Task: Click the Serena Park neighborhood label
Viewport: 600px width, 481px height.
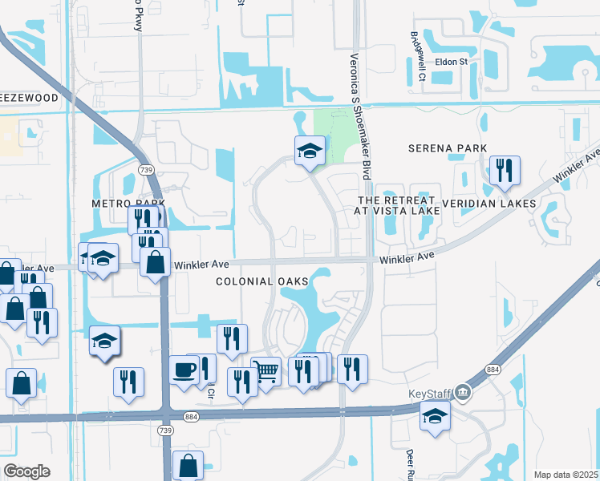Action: pyautogui.click(x=447, y=148)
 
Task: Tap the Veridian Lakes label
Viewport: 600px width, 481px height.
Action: pyautogui.click(x=496, y=204)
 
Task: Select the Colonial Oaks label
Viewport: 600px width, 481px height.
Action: pyautogui.click(x=262, y=281)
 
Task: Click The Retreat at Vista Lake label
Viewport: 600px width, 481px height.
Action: pyautogui.click(x=397, y=205)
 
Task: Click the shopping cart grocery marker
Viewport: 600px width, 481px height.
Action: pyautogui.click(x=266, y=371)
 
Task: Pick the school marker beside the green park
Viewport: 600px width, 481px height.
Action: pyautogui.click(x=309, y=150)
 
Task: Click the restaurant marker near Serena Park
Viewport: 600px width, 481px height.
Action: pyautogui.click(x=505, y=170)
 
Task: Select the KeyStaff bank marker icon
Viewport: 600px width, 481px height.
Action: pyautogui.click(x=463, y=394)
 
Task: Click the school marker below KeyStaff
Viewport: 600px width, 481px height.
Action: pyautogui.click(x=435, y=416)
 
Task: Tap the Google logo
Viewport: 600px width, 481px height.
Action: pyautogui.click(x=26, y=471)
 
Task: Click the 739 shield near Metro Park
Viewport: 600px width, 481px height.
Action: pyautogui.click(x=145, y=170)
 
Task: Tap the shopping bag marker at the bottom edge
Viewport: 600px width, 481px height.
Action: pyautogui.click(x=188, y=465)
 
